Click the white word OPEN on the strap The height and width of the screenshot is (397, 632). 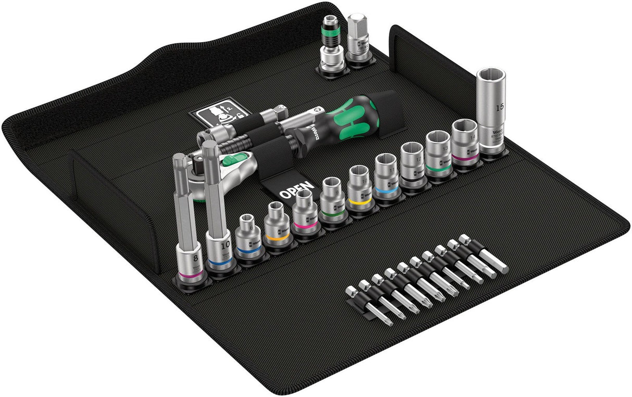[x=296, y=190]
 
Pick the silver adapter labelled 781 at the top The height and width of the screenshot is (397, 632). [x=359, y=44]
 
